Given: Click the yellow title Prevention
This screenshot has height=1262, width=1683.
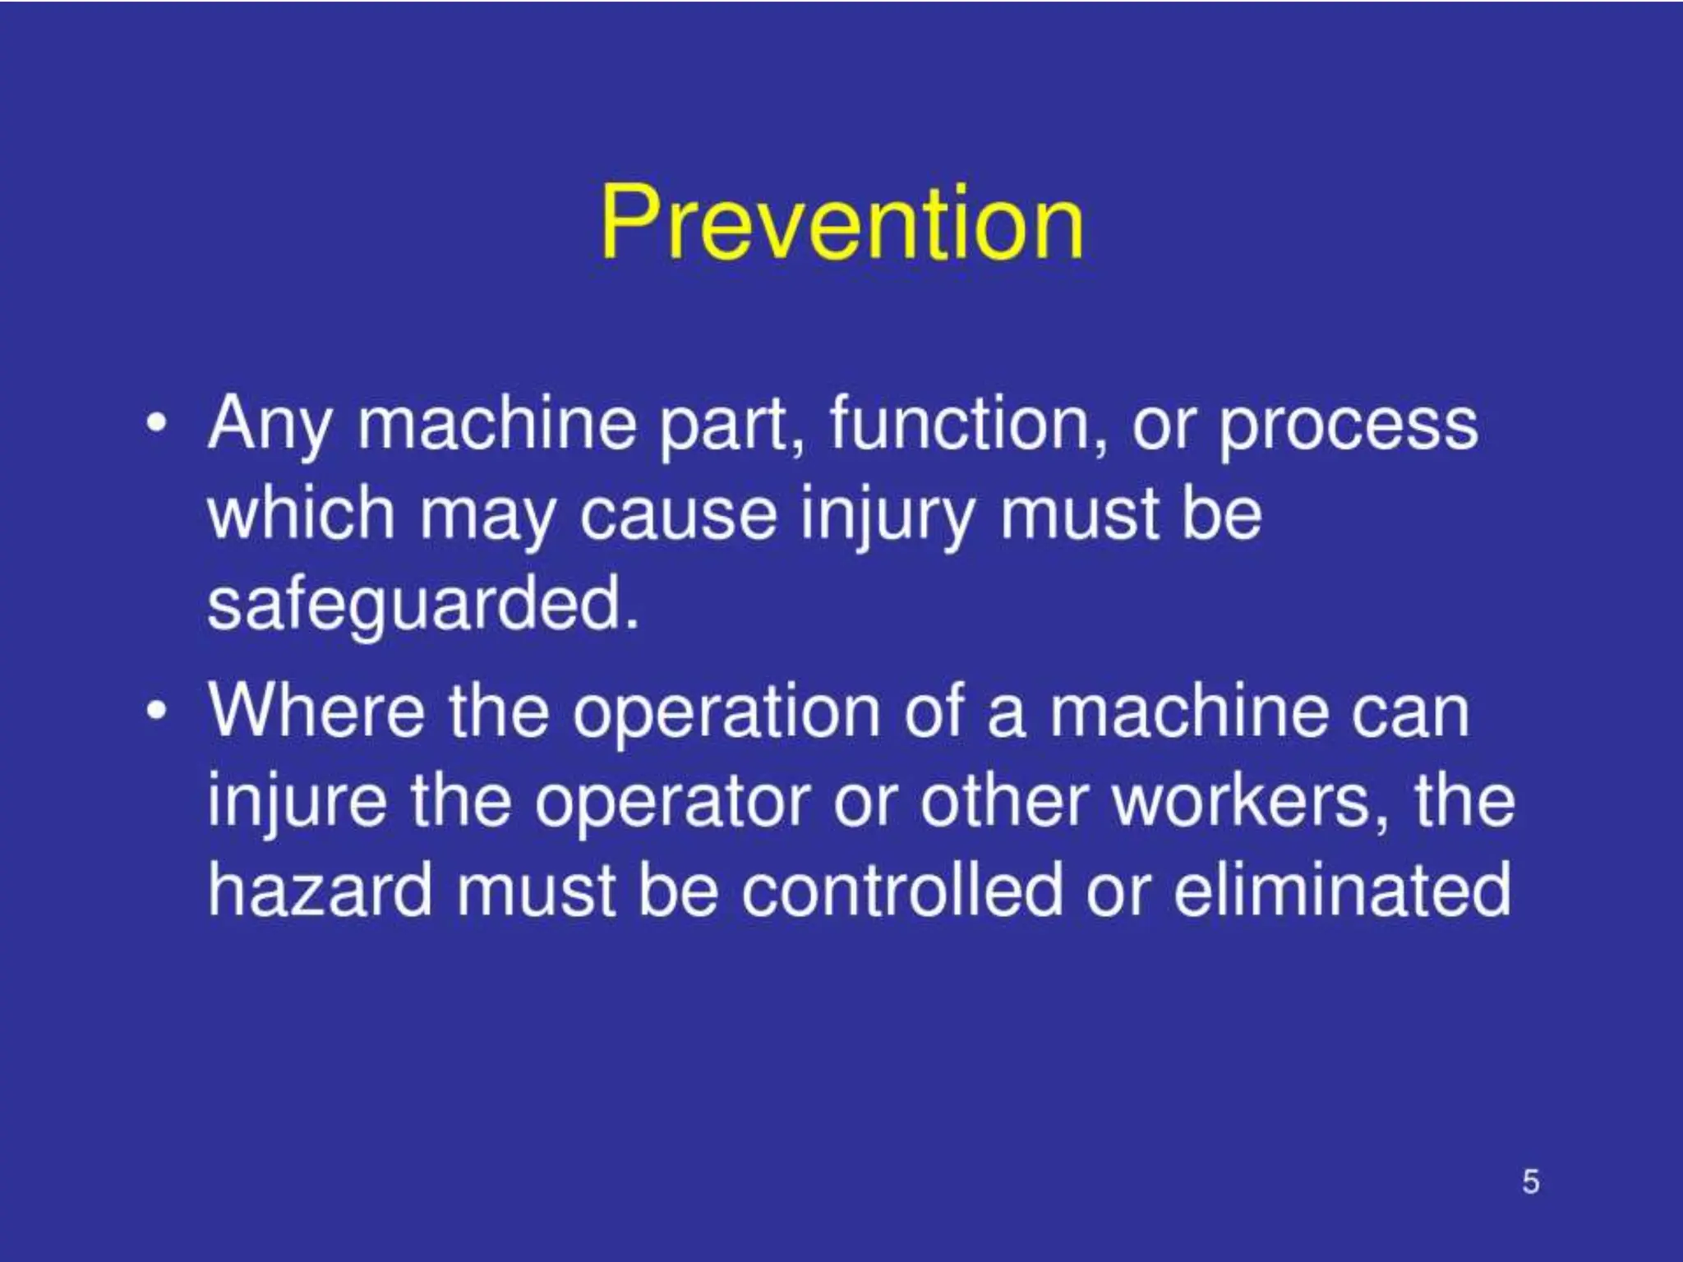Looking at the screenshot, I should (x=841, y=222).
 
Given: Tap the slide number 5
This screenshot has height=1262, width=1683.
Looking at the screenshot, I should (x=1530, y=1181).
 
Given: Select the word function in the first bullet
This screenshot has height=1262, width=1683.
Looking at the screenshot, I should (x=966, y=424).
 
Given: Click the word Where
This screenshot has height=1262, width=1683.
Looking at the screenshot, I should (x=317, y=712).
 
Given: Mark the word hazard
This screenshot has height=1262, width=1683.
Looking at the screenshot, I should (x=320, y=891).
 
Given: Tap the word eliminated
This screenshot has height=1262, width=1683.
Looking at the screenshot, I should (x=1341, y=891).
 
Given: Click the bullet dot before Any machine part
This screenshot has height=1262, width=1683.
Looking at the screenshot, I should (x=155, y=426).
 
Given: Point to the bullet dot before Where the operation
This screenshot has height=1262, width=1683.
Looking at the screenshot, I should (x=155, y=712).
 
